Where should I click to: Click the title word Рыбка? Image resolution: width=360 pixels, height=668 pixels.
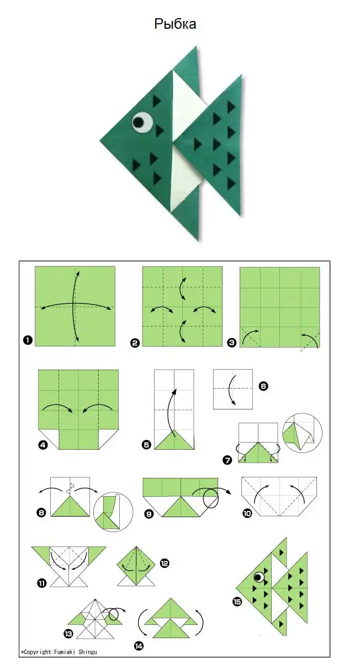[175, 24]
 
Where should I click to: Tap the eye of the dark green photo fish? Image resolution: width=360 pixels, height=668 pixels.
[142, 122]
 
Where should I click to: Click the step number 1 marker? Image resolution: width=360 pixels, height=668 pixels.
[28, 340]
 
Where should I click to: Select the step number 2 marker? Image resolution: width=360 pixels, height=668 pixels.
[135, 343]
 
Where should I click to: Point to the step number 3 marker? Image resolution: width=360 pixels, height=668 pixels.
[231, 343]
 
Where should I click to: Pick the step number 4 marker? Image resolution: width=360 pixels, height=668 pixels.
[43, 445]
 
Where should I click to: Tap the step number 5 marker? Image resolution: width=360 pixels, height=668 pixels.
[146, 445]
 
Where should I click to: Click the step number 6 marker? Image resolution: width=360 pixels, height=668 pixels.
[263, 386]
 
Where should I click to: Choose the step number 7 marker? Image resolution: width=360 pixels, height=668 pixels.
[227, 460]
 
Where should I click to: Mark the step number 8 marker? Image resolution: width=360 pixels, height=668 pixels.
[41, 513]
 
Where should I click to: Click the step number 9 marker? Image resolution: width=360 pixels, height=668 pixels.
[149, 514]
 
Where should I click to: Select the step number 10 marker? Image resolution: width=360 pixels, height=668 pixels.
[247, 513]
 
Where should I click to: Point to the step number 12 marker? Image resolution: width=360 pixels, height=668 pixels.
[164, 563]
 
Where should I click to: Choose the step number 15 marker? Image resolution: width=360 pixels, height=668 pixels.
[237, 602]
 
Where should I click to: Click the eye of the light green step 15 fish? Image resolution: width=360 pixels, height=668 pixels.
[259, 577]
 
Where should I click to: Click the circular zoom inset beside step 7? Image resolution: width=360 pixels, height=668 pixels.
[302, 433]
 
